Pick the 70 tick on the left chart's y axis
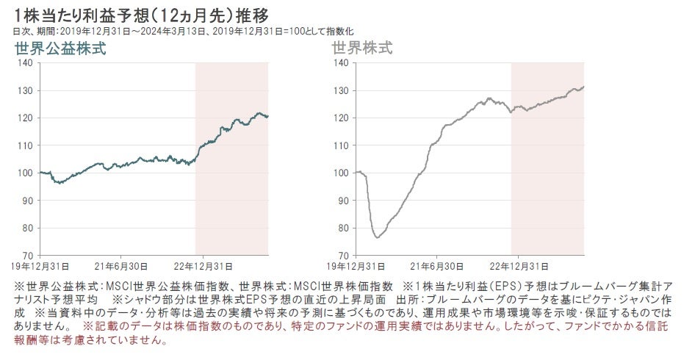click(x=26, y=255)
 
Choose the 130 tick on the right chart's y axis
click(x=340, y=91)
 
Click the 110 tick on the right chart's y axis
click(x=340, y=145)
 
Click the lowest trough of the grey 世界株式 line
click(x=377, y=237)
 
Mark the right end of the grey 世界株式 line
click(x=583, y=87)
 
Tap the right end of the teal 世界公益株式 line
click(x=267, y=116)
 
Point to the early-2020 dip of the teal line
click(x=59, y=182)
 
